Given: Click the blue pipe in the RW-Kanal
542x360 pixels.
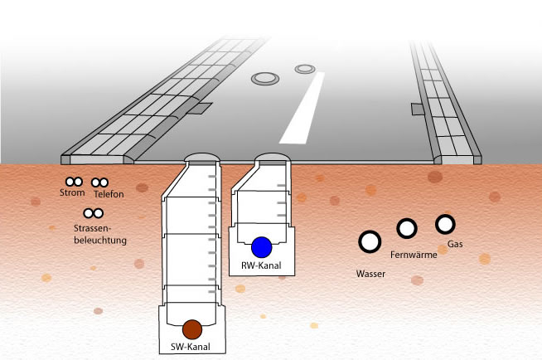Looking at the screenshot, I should click(x=262, y=247).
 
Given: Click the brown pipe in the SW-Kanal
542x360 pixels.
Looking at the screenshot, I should click(x=192, y=328).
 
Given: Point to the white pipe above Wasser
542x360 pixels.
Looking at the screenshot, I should click(x=369, y=241).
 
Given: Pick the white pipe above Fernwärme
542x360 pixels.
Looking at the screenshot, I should click(x=406, y=228).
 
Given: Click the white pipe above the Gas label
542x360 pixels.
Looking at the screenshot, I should click(x=445, y=224).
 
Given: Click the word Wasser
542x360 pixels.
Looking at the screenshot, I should click(x=370, y=272).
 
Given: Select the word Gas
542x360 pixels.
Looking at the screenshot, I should click(x=455, y=245).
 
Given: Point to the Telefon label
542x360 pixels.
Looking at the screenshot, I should click(x=109, y=194).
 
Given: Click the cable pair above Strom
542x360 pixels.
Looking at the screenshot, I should click(x=73, y=182).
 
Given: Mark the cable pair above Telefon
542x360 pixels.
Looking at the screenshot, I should click(x=100, y=182).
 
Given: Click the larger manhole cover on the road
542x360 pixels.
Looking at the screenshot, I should click(x=265, y=79).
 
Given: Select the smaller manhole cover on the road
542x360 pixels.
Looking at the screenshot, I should click(x=306, y=67).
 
